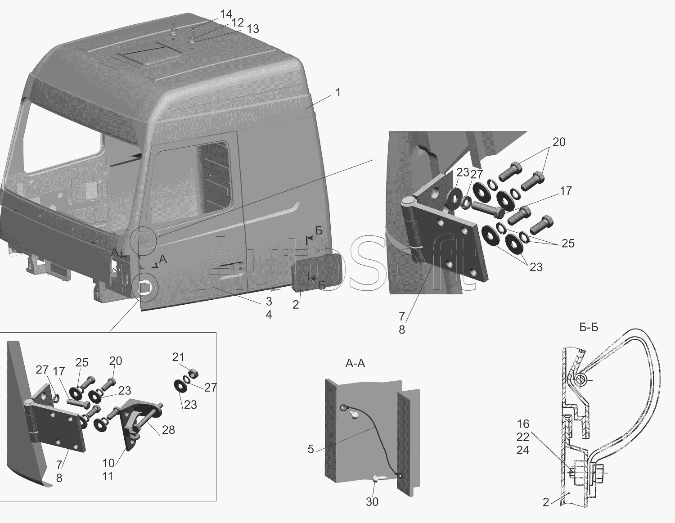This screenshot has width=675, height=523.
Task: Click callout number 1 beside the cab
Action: coord(338,92)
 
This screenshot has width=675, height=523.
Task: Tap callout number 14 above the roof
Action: coord(226,14)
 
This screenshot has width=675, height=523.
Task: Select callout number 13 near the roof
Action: coord(253,29)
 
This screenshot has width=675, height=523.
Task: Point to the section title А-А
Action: coord(355,363)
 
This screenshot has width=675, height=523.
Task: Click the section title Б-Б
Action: coord(589,327)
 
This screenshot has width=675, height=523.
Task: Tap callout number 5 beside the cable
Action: coord(311,449)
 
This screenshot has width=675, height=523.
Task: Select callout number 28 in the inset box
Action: coord(168,430)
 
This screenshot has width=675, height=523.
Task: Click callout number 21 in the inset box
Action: coord(178,357)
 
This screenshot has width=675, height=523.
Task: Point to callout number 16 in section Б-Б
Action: coord(523,424)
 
